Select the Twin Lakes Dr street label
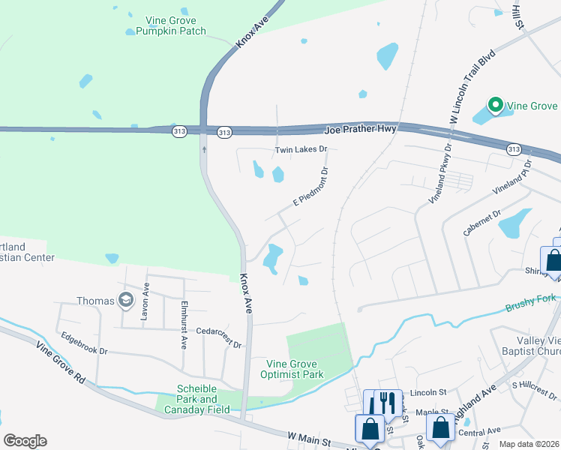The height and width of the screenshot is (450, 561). click(301, 149)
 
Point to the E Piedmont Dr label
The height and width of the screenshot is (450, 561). click(310, 187)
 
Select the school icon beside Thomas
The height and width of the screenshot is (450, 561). click(126, 301)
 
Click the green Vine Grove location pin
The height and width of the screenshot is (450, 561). click(495, 106)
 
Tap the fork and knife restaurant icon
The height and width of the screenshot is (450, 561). click(388, 403)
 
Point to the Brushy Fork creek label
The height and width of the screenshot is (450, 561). click(530, 303)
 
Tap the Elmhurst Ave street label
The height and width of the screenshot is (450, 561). click(184, 325)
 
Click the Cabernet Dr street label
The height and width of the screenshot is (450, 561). click(481, 222)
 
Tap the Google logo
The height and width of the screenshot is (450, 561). click(25, 441)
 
